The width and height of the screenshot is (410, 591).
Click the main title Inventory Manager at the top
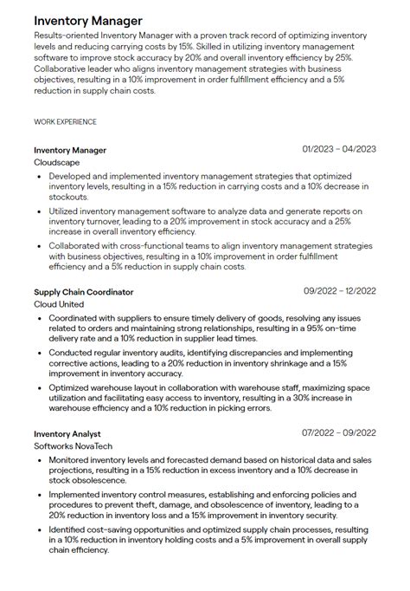pyautogui.click(x=88, y=20)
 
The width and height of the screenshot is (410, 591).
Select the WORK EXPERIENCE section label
pyautogui.click(x=65, y=122)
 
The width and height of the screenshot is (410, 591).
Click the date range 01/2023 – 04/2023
pyautogui.click(x=339, y=150)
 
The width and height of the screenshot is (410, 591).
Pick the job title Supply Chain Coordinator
pyautogui.click(x=84, y=292)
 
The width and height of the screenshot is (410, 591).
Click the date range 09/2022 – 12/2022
pyautogui.click(x=339, y=291)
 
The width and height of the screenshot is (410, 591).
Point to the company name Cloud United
pyautogui.click(x=60, y=304)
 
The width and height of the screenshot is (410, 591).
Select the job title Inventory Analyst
pyautogui.click(x=67, y=433)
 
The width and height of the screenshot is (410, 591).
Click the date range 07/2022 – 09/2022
pyautogui.click(x=339, y=432)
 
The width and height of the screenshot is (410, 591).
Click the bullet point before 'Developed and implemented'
pyautogui.click(x=40, y=176)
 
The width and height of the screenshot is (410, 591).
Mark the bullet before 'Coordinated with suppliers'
pyautogui.click(x=40, y=318)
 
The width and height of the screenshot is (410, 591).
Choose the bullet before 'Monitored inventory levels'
pyautogui.click(x=40, y=459)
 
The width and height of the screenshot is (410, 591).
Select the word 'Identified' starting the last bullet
pyautogui.click(x=69, y=528)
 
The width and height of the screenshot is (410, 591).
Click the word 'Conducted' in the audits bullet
pyautogui.click(x=71, y=354)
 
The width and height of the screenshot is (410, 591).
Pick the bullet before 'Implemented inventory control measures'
pyautogui.click(x=40, y=494)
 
